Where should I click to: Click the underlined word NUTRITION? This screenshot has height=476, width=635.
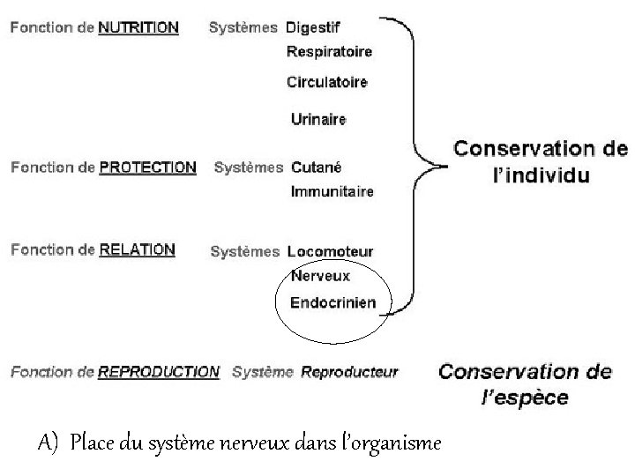tap(138, 27)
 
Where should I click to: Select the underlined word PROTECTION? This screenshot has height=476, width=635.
tap(147, 167)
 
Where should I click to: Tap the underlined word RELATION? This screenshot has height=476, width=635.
tap(137, 250)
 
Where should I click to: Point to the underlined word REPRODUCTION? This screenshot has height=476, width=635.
tap(159, 372)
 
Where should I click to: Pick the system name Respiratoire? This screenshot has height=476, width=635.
tap(330, 52)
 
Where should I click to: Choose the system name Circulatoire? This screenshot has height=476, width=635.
tap(327, 82)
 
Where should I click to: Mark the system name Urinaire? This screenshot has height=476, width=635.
tap(318, 119)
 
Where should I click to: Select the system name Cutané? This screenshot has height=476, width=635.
tap(316, 167)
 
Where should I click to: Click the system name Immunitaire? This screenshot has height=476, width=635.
tap(332, 191)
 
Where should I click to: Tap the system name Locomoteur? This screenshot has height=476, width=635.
tap(330, 252)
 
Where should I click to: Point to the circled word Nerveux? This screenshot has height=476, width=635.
tap(320, 276)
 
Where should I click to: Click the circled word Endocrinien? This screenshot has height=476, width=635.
tap(333, 302)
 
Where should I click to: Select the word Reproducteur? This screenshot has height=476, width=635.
tap(349, 372)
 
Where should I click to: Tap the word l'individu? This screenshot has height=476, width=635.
tap(541, 175)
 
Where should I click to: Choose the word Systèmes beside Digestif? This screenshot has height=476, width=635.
tap(244, 27)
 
